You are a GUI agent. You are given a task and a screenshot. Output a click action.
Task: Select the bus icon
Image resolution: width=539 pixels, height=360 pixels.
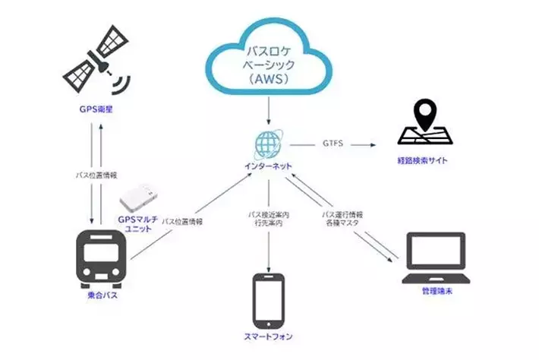click(102, 259)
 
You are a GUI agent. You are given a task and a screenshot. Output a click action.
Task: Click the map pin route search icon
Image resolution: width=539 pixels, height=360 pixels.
click(423, 126)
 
